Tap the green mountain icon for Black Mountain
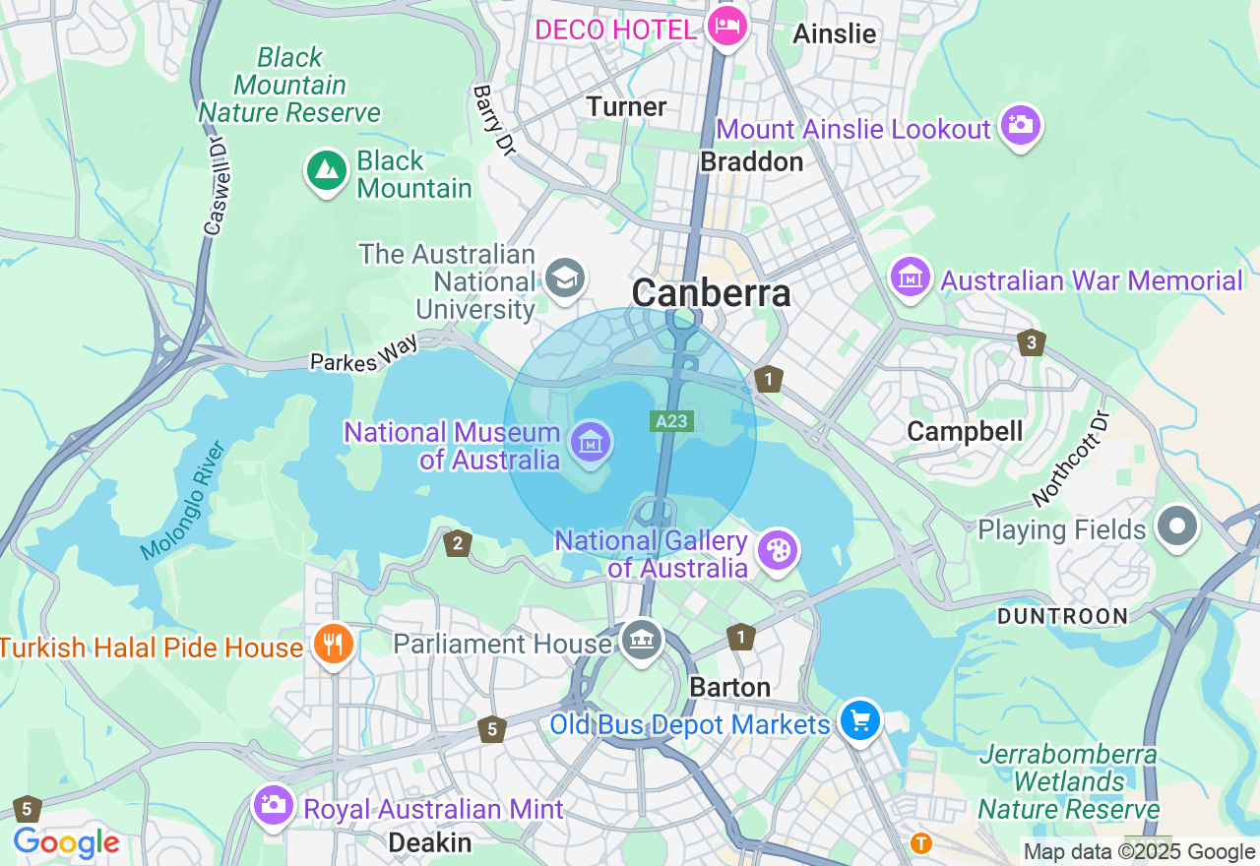(326, 171)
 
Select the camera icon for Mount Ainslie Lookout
(1020, 125)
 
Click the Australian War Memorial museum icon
(911, 278)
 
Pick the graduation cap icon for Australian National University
(565, 278)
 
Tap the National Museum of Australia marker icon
(591, 442)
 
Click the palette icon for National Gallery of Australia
(778, 551)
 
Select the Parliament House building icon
(642, 641)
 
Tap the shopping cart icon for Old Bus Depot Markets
(860, 721)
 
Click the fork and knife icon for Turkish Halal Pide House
(334, 645)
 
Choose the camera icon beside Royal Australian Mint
(273, 805)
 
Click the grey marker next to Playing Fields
(1176, 526)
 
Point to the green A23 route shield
(673, 421)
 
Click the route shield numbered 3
(1031, 342)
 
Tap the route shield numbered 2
(457, 543)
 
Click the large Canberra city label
(711, 292)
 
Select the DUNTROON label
(1062, 617)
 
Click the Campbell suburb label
(965, 431)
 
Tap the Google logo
(66, 842)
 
